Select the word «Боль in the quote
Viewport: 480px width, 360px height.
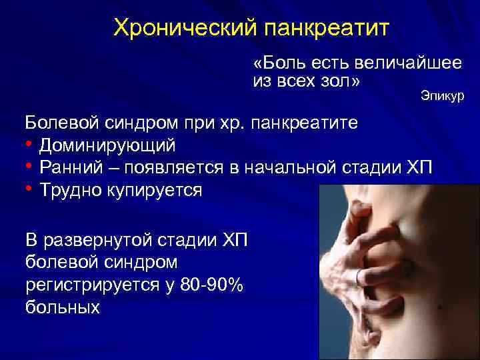(x=275, y=64)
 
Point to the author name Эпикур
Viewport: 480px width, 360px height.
(x=442, y=97)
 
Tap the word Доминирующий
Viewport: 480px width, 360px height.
(x=107, y=145)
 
